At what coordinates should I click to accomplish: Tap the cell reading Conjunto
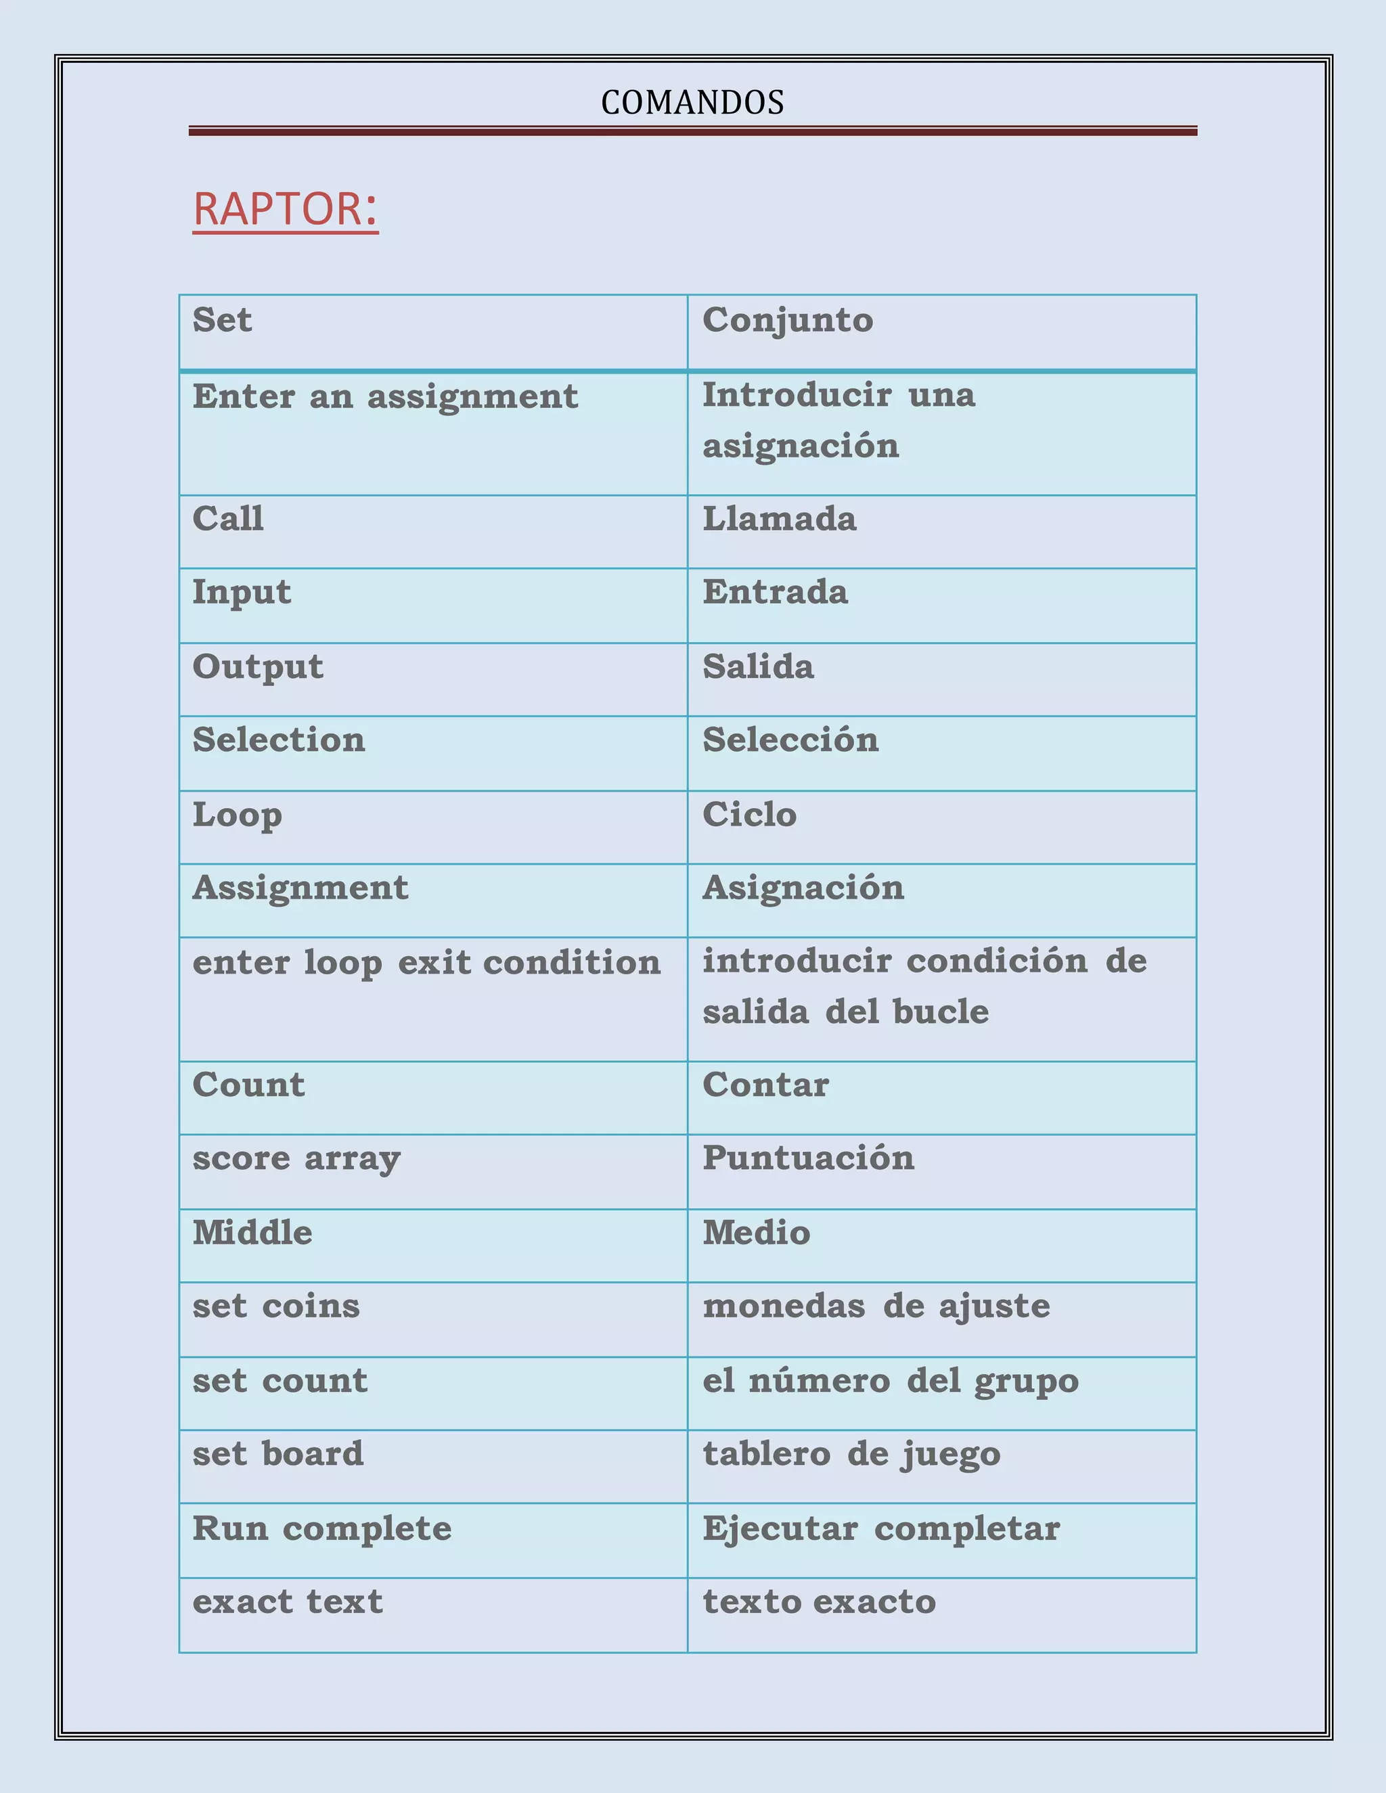pyautogui.click(x=788, y=320)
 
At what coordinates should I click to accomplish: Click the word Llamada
pyautogui.click(x=779, y=519)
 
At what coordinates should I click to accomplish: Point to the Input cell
pyautogui.click(x=242, y=593)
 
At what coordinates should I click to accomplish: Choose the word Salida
pyautogui.click(x=758, y=666)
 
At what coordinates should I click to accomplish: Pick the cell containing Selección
pyautogui.click(x=790, y=740)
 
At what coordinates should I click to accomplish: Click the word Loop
pyautogui.click(x=238, y=815)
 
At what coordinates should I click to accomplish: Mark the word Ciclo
pyautogui.click(x=749, y=815)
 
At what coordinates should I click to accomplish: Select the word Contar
pyautogui.click(x=765, y=1085)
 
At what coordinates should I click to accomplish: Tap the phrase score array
pyautogui.click(x=296, y=1159)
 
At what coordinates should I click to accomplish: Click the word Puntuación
pyautogui.click(x=808, y=1158)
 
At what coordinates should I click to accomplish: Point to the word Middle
pyautogui.click(x=252, y=1233)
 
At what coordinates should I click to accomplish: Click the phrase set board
pyautogui.click(x=277, y=1454)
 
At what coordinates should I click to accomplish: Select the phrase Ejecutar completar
pyautogui.click(x=881, y=1528)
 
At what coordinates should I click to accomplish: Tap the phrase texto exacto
pyautogui.click(x=819, y=1602)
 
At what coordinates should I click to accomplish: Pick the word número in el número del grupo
pyautogui.click(x=819, y=1381)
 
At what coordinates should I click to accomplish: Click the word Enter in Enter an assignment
pyautogui.click(x=243, y=396)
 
